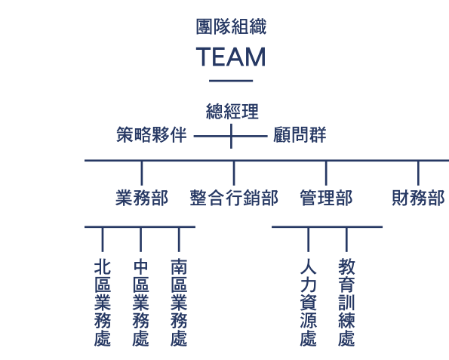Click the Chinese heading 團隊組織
click(231, 26)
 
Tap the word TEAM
click(231, 57)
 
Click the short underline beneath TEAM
click(231, 81)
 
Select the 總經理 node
click(232, 112)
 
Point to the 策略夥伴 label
click(152, 134)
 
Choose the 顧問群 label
click(300, 134)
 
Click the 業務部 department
click(142, 198)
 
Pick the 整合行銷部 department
click(234, 198)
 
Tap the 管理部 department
click(326, 198)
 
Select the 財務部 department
click(418, 198)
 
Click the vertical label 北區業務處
click(103, 303)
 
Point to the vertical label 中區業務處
click(140, 303)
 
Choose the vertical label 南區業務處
click(179, 303)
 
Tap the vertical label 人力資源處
click(309, 303)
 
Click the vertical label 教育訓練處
click(346, 303)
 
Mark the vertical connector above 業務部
click(142, 174)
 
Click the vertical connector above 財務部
click(418, 174)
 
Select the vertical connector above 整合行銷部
click(234, 174)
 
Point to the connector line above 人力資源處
click(309, 240)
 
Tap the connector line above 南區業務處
click(179, 240)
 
